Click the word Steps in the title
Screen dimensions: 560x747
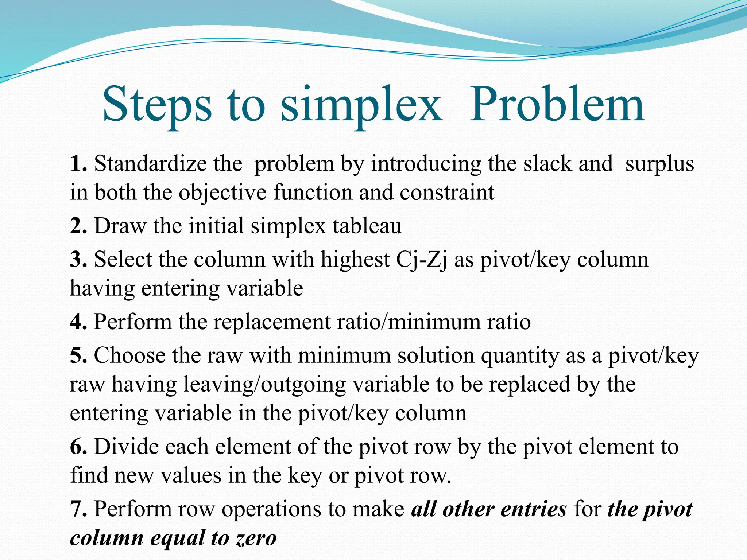pos(157,106)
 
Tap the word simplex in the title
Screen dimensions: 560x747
pos(361,106)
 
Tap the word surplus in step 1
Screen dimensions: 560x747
pos(659,164)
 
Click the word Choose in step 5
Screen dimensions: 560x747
pos(129,355)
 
